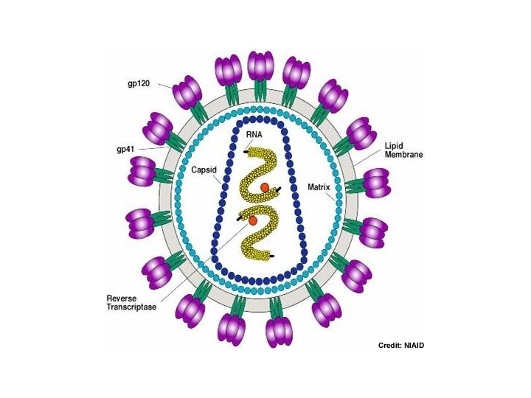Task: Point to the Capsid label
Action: coord(204,169)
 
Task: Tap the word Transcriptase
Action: coord(130,308)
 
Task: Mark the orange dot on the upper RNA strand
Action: coord(264,188)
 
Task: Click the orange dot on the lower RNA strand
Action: coord(253,220)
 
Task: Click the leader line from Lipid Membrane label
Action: coord(369,156)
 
